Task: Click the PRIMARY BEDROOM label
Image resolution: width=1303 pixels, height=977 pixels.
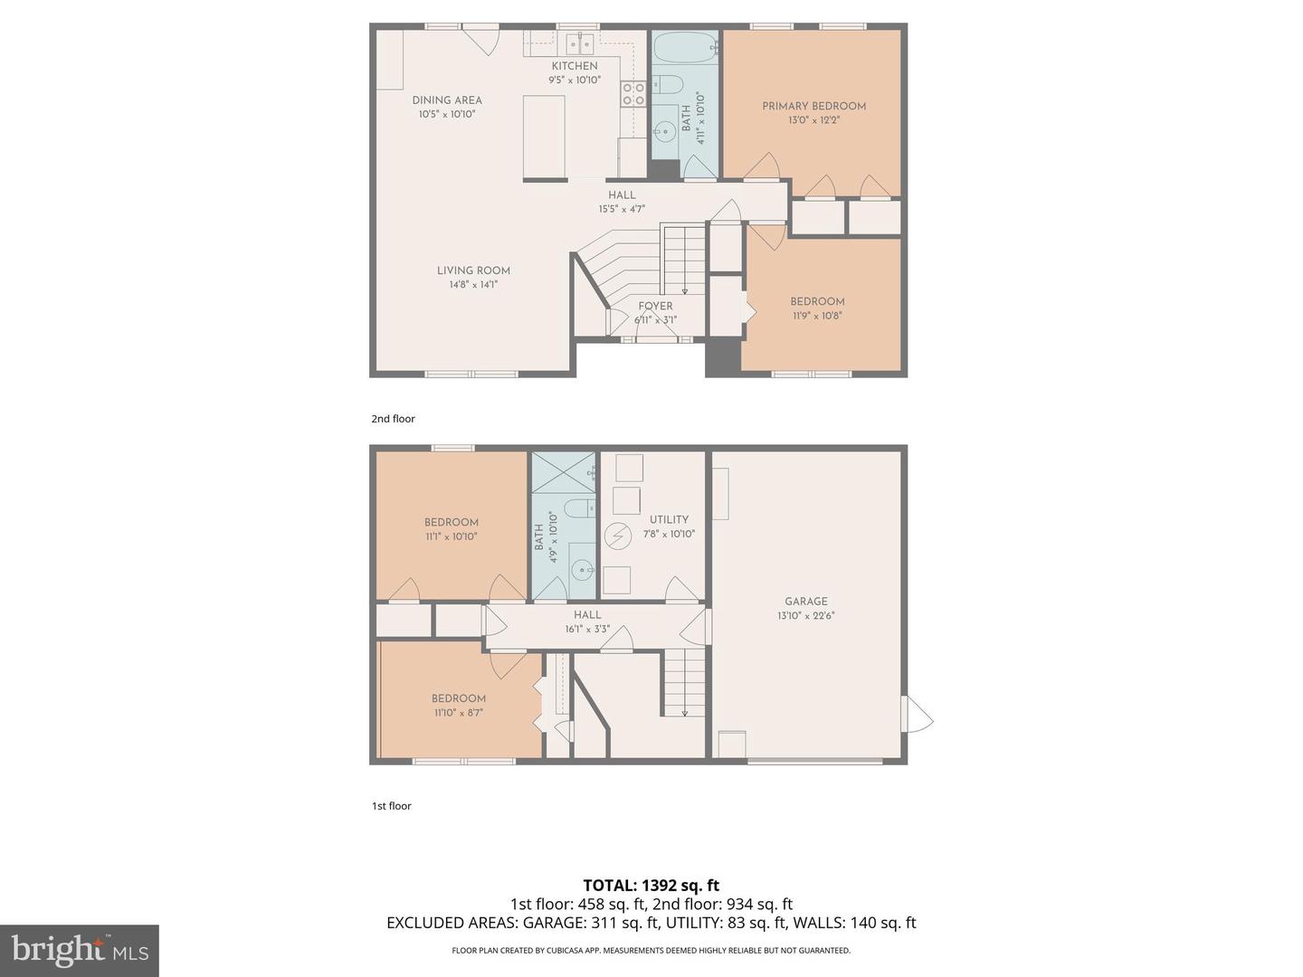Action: (x=813, y=106)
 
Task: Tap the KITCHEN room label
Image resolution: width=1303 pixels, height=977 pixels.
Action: (x=575, y=66)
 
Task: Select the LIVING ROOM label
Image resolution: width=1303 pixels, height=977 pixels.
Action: (x=473, y=270)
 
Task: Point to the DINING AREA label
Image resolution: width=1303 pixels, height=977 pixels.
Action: (x=447, y=100)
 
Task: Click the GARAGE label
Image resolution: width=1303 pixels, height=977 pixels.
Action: (x=805, y=602)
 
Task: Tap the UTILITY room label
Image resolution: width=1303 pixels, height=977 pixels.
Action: (x=669, y=519)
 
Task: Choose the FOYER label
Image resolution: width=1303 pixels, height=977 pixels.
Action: (x=655, y=306)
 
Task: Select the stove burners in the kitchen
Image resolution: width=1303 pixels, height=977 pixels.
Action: (x=632, y=93)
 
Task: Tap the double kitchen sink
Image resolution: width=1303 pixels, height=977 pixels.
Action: (x=579, y=43)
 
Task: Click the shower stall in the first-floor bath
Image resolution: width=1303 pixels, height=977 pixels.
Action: (x=563, y=472)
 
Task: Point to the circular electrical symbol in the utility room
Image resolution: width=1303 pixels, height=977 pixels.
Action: (x=617, y=536)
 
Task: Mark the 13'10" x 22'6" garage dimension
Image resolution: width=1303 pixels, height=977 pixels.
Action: (x=805, y=616)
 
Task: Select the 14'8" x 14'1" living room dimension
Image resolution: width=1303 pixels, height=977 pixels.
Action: (x=473, y=285)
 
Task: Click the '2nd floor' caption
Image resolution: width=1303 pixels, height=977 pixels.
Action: (x=393, y=419)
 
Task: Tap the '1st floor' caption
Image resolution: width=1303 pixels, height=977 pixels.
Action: (x=391, y=806)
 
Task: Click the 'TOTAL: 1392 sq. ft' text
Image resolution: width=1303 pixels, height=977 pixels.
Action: (x=651, y=886)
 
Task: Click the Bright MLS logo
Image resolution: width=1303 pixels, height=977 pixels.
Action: (x=80, y=951)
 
